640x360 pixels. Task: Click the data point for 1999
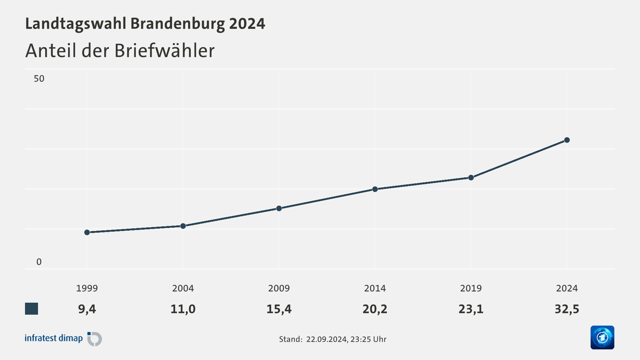pyautogui.click(x=87, y=232)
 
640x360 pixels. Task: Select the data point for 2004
pyautogui.click(x=183, y=226)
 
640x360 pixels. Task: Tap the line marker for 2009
pyautogui.click(x=279, y=208)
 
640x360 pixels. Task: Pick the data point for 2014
pyautogui.click(x=375, y=189)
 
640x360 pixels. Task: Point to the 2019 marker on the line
pyautogui.click(x=471, y=178)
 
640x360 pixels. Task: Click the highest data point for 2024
pyautogui.click(x=567, y=140)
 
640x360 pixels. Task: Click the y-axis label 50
pyautogui.click(x=39, y=79)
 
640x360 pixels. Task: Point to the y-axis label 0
pyautogui.click(x=39, y=262)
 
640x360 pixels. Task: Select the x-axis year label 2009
pyautogui.click(x=279, y=288)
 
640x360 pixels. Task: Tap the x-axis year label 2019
pyautogui.click(x=471, y=288)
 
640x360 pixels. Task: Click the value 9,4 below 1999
pyautogui.click(x=87, y=309)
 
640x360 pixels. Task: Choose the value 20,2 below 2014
pyautogui.click(x=375, y=309)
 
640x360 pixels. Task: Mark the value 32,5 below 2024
pyautogui.click(x=567, y=309)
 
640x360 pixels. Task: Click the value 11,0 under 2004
pyautogui.click(x=183, y=309)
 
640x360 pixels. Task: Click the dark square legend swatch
pyautogui.click(x=32, y=309)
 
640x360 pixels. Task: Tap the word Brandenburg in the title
pyautogui.click(x=177, y=24)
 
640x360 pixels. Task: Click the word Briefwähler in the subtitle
pyautogui.click(x=164, y=51)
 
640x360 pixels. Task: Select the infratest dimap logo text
pyautogui.click(x=54, y=338)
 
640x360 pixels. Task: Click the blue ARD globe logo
pyautogui.click(x=602, y=337)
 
